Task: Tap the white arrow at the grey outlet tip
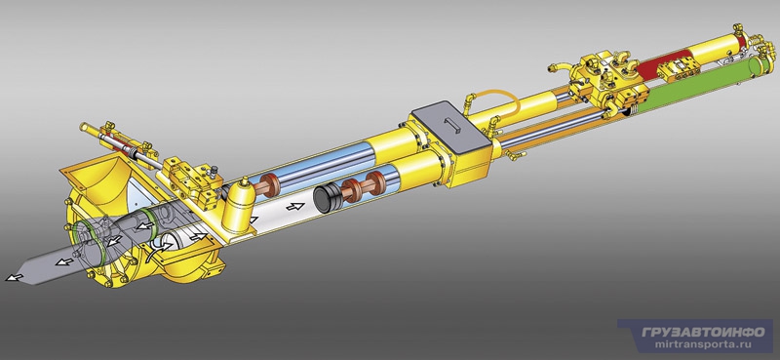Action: tap(13, 277)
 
